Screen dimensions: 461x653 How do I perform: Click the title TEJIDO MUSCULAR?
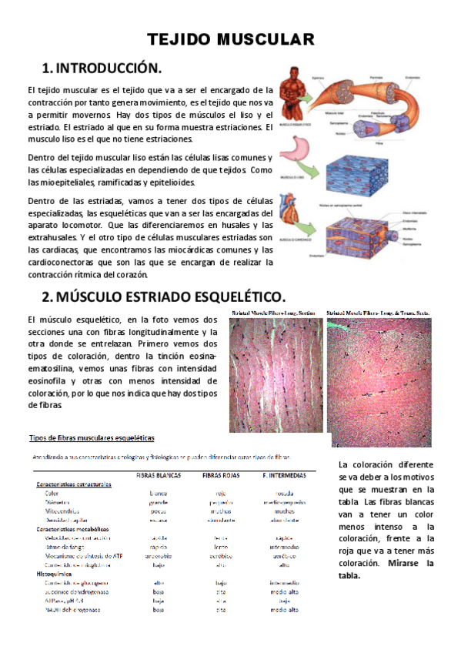230,39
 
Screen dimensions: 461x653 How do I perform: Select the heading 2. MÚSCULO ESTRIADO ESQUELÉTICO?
163,296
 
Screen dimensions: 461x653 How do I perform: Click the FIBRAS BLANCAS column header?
159,475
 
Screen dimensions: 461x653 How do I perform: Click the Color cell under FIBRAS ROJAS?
221,493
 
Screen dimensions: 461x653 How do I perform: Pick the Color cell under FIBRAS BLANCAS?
159,493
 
